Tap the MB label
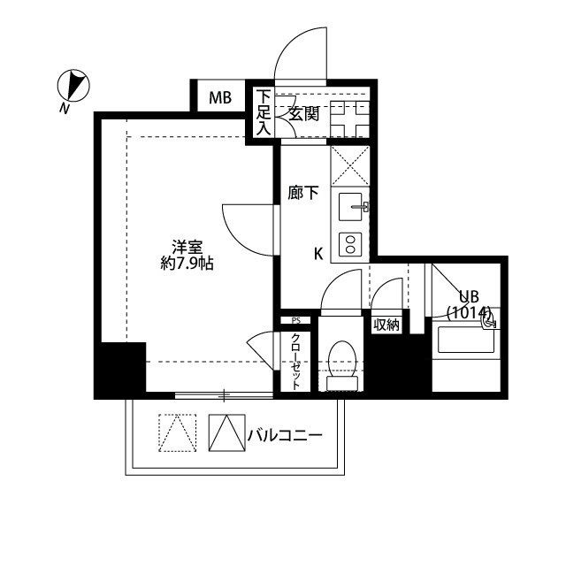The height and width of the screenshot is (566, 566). [x=220, y=97]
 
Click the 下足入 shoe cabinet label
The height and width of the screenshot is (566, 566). [x=263, y=112]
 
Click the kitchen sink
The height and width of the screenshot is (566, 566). [x=350, y=209]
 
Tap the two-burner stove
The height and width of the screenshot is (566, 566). [x=350, y=243]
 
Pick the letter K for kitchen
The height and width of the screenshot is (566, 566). [x=318, y=254]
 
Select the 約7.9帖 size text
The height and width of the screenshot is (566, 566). [x=186, y=264]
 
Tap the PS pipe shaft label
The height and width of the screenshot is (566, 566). [x=295, y=320]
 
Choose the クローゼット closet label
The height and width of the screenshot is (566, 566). [x=295, y=362]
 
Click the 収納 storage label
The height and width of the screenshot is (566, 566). [x=386, y=325]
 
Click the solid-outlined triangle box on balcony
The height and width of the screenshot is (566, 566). [x=225, y=433]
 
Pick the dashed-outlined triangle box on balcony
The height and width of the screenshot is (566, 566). [x=175, y=433]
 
